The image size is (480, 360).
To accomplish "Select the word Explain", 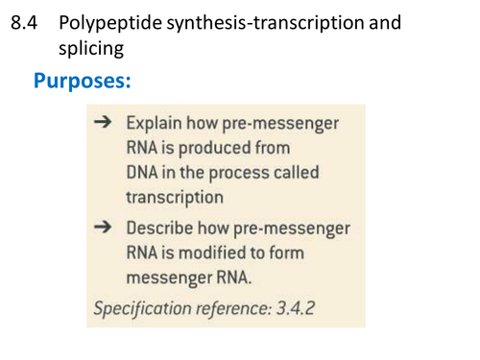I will pos(156,124).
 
